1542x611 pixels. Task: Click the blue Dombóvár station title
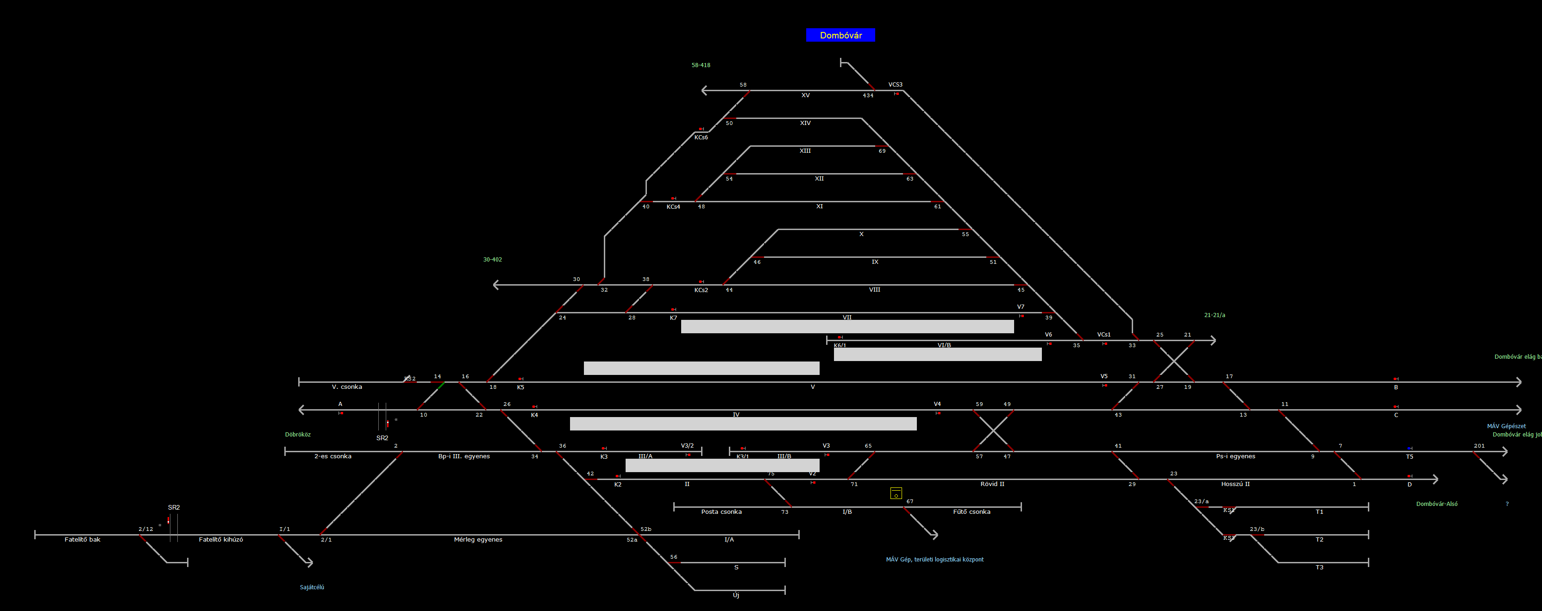tap(840, 35)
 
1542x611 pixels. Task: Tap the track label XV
tap(805, 95)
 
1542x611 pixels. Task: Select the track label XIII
tap(805, 151)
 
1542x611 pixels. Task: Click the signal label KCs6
tap(701, 137)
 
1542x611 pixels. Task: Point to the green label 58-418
tap(701, 65)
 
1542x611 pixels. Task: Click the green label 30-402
tap(493, 260)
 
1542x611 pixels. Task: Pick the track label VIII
tap(875, 290)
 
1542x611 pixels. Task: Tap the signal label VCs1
tap(1104, 335)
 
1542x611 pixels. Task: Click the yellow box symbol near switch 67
tap(896, 493)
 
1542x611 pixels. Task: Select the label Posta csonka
tap(721, 511)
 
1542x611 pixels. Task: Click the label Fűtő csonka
tap(972, 511)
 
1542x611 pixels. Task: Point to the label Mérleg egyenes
tap(478, 540)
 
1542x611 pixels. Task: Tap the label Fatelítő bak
tap(82, 540)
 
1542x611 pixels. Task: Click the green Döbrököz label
tap(297, 435)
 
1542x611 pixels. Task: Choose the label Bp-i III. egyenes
tap(464, 456)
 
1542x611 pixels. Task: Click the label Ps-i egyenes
tap(1235, 456)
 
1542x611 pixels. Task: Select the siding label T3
tap(1319, 567)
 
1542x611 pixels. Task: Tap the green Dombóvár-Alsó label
tap(1436, 504)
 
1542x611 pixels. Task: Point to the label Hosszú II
tap(1235, 484)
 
